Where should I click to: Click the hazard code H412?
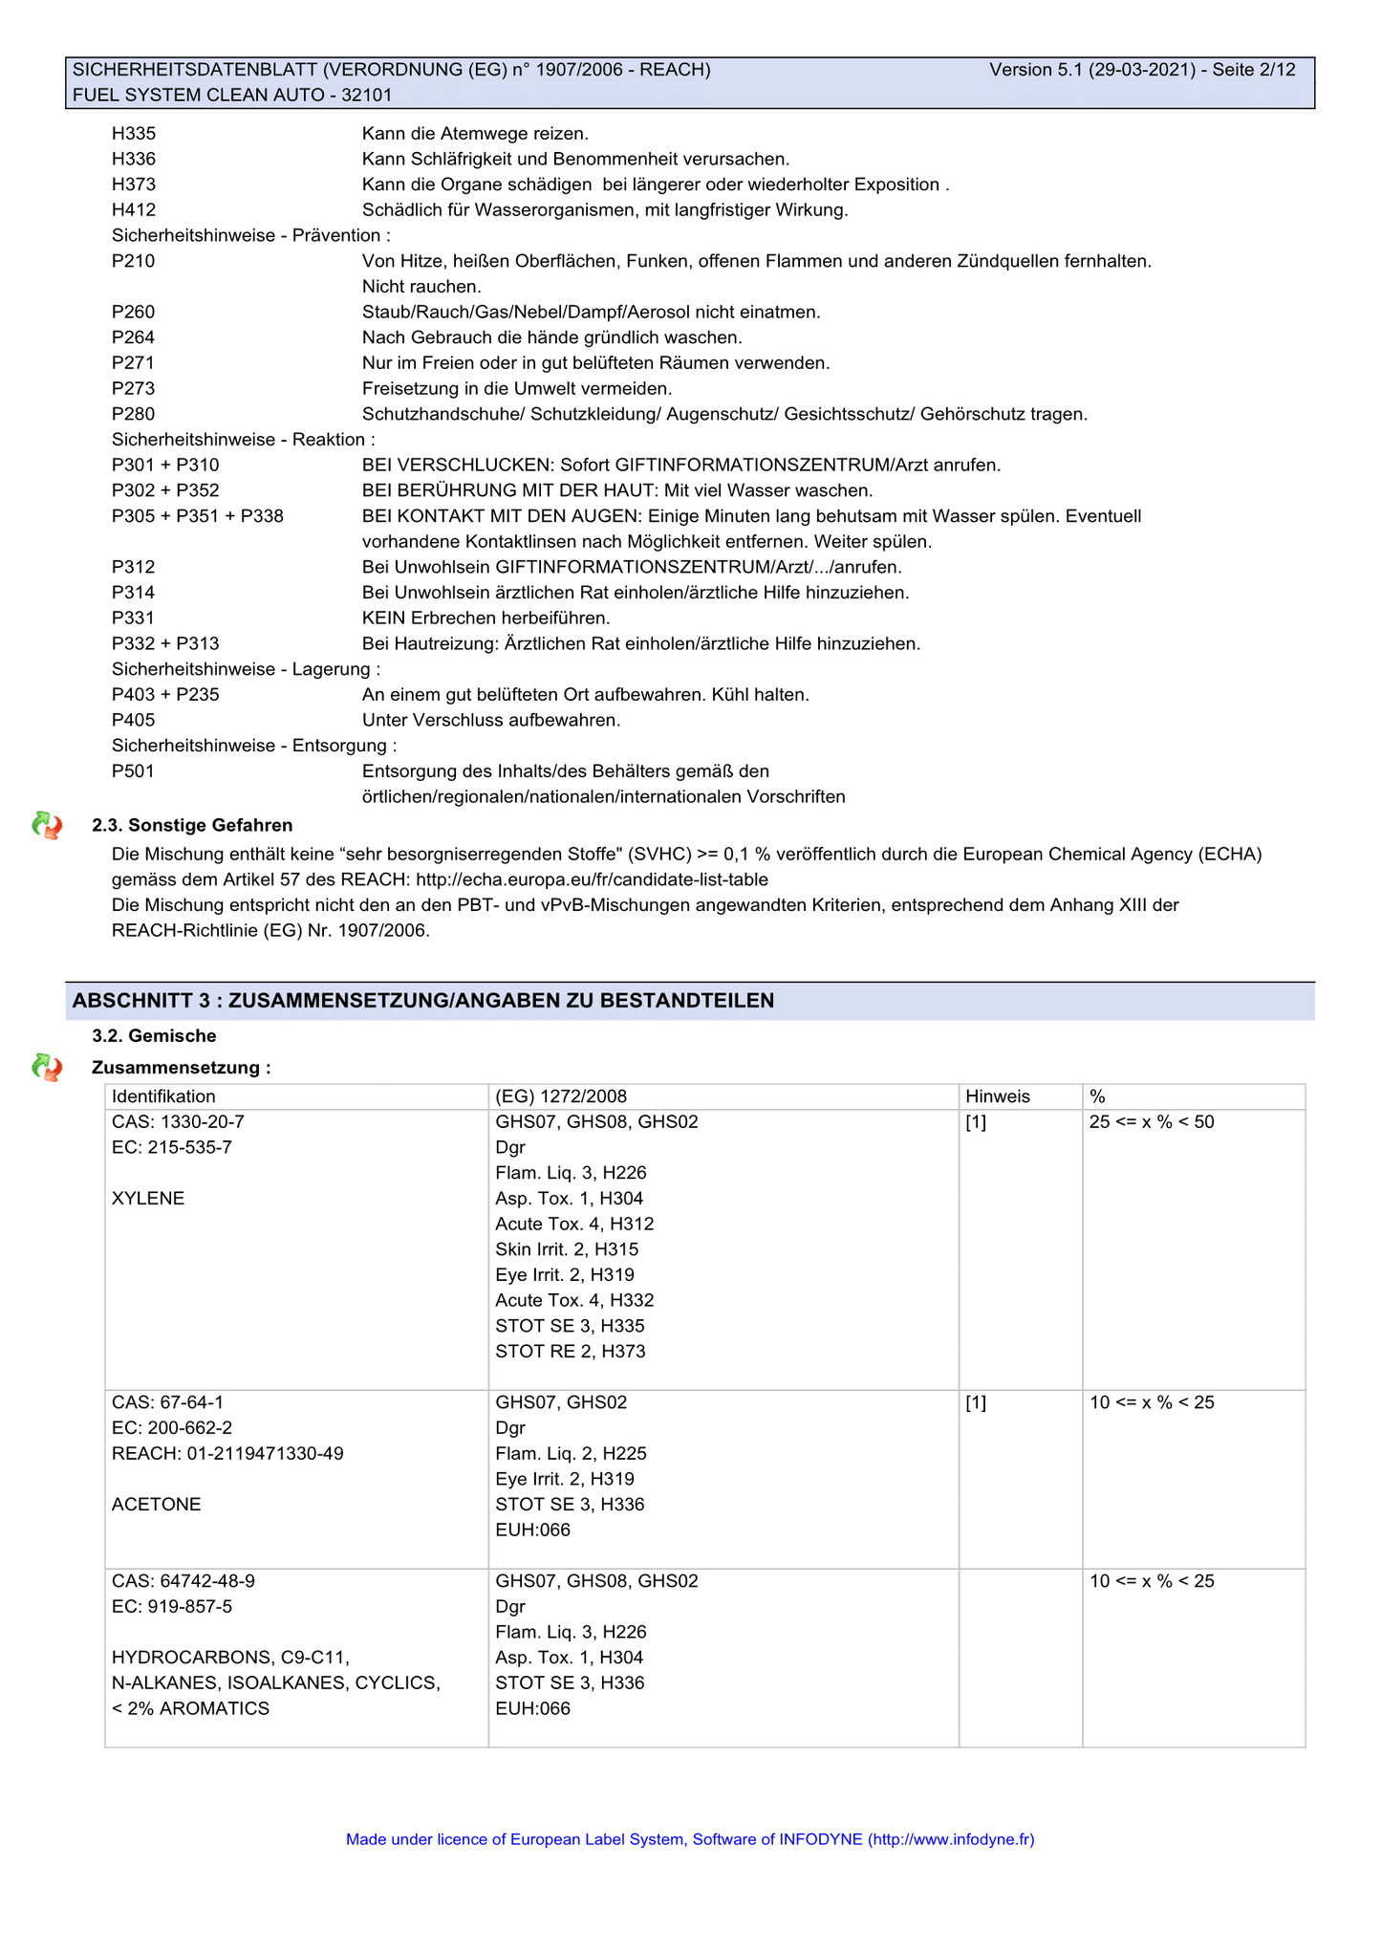(x=134, y=210)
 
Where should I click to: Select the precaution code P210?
(x=133, y=261)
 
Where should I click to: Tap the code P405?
(x=133, y=720)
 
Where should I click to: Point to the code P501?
(x=133, y=771)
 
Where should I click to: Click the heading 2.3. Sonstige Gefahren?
(x=192, y=826)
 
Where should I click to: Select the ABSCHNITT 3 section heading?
(x=423, y=1001)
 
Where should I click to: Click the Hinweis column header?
(x=998, y=1096)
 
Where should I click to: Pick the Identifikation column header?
(x=163, y=1096)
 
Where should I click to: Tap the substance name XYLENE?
(x=148, y=1199)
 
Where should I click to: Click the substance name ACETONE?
(x=157, y=1505)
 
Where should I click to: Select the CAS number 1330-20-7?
(x=178, y=1122)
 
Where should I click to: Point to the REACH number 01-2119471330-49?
(x=227, y=1454)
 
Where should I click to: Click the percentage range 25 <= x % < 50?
(x=1152, y=1122)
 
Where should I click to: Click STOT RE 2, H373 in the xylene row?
(x=571, y=1352)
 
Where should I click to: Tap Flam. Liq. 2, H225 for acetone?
(x=571, y=1454)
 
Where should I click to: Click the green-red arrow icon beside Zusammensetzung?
(x=47, y=1067)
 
